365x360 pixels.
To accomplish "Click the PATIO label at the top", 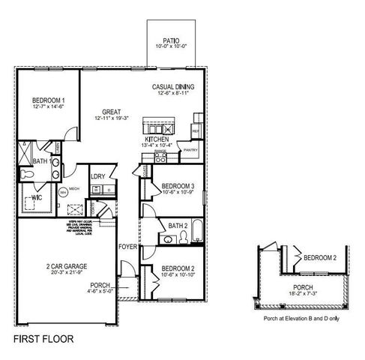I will pos(170,40).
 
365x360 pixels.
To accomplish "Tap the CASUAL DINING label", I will pos(173,87).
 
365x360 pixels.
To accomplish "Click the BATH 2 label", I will pos(178,226).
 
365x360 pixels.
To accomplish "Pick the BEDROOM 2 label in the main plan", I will pos(178,268).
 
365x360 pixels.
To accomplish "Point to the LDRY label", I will pos(97,177).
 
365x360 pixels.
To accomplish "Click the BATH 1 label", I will pos(42,161).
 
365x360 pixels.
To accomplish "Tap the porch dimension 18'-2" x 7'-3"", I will pos(304,292).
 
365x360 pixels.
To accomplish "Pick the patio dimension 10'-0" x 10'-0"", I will pos(170,47).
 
